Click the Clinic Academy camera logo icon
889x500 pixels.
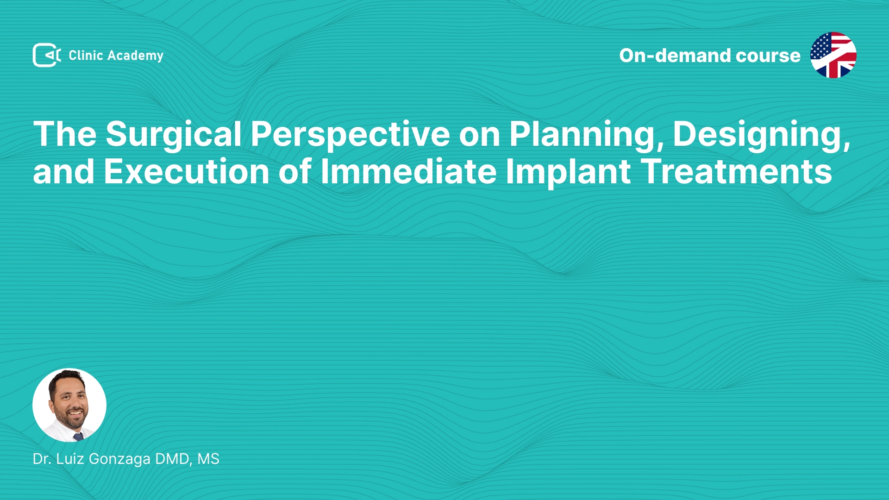47,55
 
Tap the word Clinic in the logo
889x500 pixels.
86,55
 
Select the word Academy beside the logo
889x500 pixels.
136,56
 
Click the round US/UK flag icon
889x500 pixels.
833,55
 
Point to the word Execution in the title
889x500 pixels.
187,172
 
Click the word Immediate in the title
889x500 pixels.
409,172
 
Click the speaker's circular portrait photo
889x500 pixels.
69,405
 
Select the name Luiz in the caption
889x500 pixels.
70,459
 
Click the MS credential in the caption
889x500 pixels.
208,459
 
